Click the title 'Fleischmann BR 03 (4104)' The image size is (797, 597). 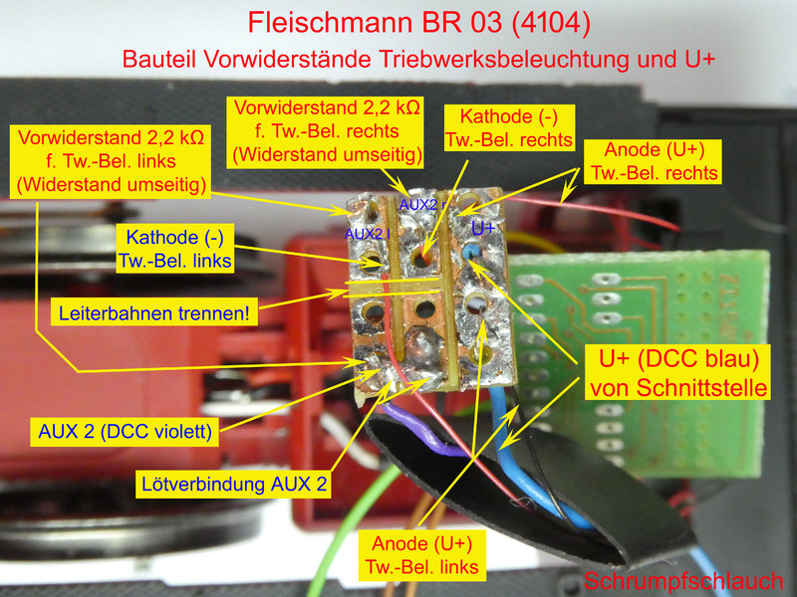[x=419, y=23]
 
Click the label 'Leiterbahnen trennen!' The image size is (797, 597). [x=154, y=312]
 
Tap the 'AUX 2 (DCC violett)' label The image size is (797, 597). [x=126, y=432]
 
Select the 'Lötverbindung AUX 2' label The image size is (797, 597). [x=234, y=484]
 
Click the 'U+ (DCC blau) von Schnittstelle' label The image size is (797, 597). [x=678, y=373]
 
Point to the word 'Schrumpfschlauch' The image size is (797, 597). [x=683, y=580]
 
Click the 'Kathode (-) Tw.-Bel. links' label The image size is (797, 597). [x=175, y=249]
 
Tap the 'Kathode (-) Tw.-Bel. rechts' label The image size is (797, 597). [x=509, y=128]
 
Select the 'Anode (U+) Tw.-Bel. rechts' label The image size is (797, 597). [x=655, y=161]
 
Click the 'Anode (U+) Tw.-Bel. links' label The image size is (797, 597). [x=421, y=555]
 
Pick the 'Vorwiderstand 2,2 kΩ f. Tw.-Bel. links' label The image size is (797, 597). [x=111, y=161]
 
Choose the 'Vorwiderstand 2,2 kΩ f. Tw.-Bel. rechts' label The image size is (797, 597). [x=327, y=131]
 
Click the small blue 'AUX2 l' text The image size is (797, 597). [x=367, y=234]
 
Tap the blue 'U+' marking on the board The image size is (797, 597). [x=483, y=229]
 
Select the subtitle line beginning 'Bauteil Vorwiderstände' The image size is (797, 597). [x=418, y=60]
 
